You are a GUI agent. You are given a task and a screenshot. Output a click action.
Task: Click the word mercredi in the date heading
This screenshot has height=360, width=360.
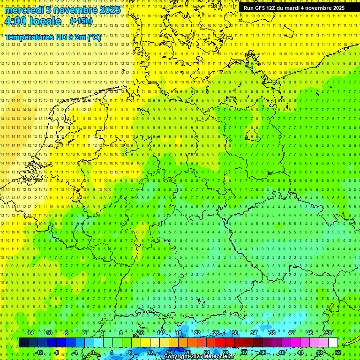tap(24, 10)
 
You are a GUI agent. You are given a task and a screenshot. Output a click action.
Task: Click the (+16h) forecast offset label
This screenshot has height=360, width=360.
tap(81, 21)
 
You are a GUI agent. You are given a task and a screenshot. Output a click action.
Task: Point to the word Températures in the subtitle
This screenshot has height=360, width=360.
tap(29, 37)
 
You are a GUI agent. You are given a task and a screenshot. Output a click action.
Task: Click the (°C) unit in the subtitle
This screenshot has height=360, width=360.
tap(94, 37)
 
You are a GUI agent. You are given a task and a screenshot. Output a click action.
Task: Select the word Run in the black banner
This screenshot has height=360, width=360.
tap(248, 8)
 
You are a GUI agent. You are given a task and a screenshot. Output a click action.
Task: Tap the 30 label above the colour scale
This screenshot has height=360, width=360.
tap(234, 333)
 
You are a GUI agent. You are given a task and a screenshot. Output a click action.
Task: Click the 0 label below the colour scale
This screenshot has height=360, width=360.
tap(93, 352)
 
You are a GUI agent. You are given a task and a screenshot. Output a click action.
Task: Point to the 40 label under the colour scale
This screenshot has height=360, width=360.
tap(281, 352)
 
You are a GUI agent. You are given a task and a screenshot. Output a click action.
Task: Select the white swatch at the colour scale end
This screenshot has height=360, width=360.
tap(333, 343)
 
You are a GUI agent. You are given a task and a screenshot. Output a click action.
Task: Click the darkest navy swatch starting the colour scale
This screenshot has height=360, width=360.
tap(23, 343)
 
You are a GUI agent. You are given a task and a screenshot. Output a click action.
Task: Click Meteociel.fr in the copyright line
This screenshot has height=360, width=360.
tap(218, 357)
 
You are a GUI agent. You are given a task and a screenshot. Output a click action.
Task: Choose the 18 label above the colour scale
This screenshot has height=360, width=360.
tap(178, 333)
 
